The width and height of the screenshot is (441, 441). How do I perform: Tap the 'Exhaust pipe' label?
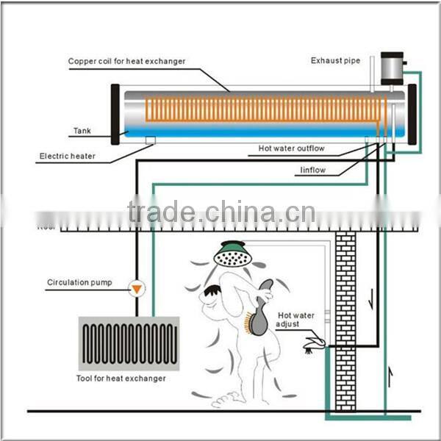pyautogui.click(x=336, y=60)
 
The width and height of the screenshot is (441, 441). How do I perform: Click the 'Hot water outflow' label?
pyautogui.click(x=291, y=148)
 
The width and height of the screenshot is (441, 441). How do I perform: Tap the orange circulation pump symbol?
pyautogui.click(x=135, y=289)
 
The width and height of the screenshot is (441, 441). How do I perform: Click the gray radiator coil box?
pyautogui.click(x=129, y=343)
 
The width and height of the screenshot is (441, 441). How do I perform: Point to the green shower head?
pyautogui.click(x=232, y=254)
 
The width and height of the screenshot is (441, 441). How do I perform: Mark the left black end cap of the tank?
pyautogui.click(x=115, y=114)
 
